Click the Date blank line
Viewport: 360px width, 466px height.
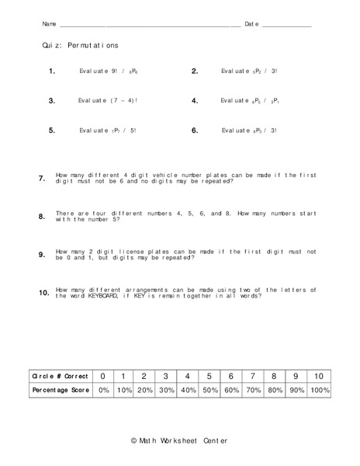(x=286, y=26)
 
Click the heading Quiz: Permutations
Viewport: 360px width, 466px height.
(x=81, y=47)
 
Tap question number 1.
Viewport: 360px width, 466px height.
(x=52, y=71)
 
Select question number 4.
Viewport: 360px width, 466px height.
(x=195, y=101)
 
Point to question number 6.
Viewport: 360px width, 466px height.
(x=195, y=130)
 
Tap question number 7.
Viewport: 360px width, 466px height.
(x=42, y=179)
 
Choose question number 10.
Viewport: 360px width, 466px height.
(x=43, y=293)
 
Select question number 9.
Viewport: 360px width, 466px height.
(x=42, y=255)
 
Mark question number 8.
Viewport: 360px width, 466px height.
(x=42, y=217)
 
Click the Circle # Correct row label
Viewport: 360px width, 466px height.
(x=59, y=376)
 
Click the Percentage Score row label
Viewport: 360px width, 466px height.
(x=59, y=391)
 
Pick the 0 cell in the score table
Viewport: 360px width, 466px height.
(x=103, y=376)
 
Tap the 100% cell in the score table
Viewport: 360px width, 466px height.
(x=320, y=391)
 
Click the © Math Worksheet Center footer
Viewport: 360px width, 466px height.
(x=179, y=440)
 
